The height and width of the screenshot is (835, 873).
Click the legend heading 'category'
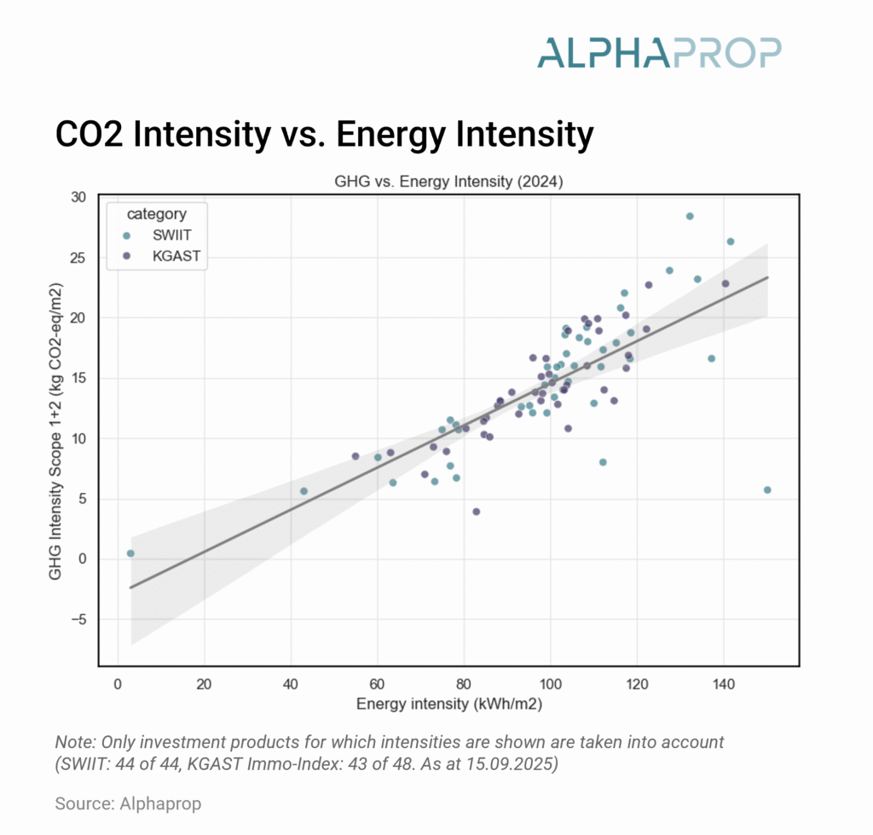(x=156, y=213)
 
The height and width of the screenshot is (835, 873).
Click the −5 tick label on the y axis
(x=100, y=619)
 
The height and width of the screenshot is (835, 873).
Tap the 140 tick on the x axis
(x=723, y=684)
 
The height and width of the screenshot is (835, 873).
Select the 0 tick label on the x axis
(x=118, y=684)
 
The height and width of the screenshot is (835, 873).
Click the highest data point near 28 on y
(x=690, y=216)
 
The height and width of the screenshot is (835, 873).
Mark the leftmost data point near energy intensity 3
(x=130, y=554)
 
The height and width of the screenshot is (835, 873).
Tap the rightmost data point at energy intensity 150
(x=767, y=490)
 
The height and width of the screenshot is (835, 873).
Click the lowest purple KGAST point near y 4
(x=477, y=512)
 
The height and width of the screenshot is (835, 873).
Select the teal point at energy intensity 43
(x=304, y=491)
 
